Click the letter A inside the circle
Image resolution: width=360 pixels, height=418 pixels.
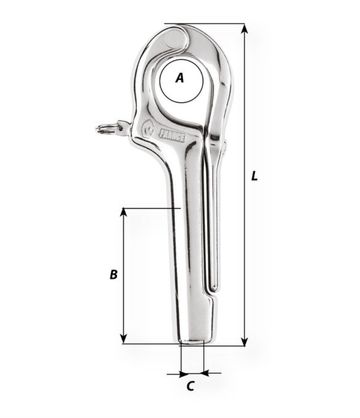pos(180,78)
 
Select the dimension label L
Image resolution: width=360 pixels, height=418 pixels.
pos(255,176)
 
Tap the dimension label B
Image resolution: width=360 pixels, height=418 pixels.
pos(114,274)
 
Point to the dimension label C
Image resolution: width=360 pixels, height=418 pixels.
pos(190,386)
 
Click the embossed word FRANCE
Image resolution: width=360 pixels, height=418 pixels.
pos(172,136)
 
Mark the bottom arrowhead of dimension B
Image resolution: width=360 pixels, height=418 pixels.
pos(123,339)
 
